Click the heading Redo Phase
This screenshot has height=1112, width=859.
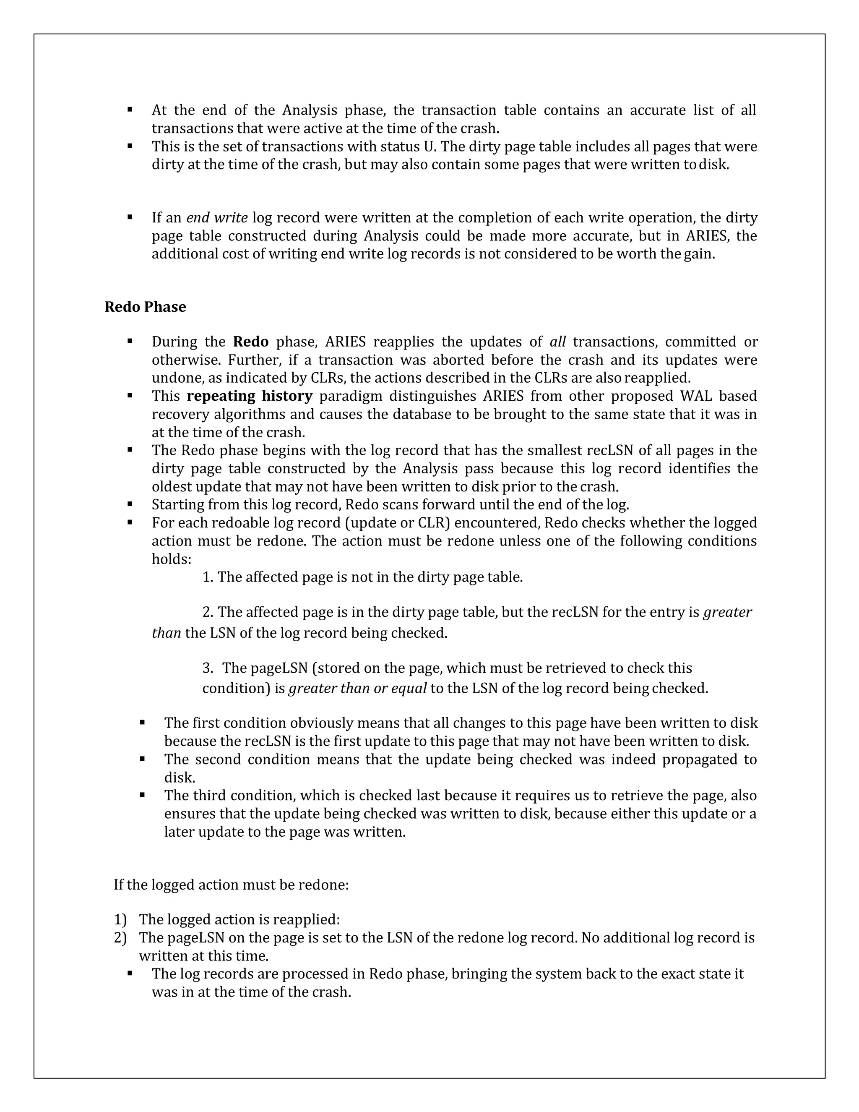[x=145, y=307]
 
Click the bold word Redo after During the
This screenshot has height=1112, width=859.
[x=250, y=342]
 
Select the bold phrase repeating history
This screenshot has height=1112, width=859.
[x=250, y=396]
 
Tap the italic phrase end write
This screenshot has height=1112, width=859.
[x=217, y=218]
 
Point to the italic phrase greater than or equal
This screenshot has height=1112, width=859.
[x=357, y=688]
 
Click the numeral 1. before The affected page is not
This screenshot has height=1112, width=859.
[x=208, y=577]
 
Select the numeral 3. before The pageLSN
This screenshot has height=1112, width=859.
[x=208, y=668]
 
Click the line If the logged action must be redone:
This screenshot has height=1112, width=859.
[x=231, y=885]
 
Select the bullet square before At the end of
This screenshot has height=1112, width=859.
[x=130, y=110]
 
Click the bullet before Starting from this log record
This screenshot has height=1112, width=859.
[x=130, y=504]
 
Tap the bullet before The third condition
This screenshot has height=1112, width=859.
[x=143, y=795]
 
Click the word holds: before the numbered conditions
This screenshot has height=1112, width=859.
[x=172, y=559]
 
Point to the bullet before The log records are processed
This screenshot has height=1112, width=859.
[x=130, y=973]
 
